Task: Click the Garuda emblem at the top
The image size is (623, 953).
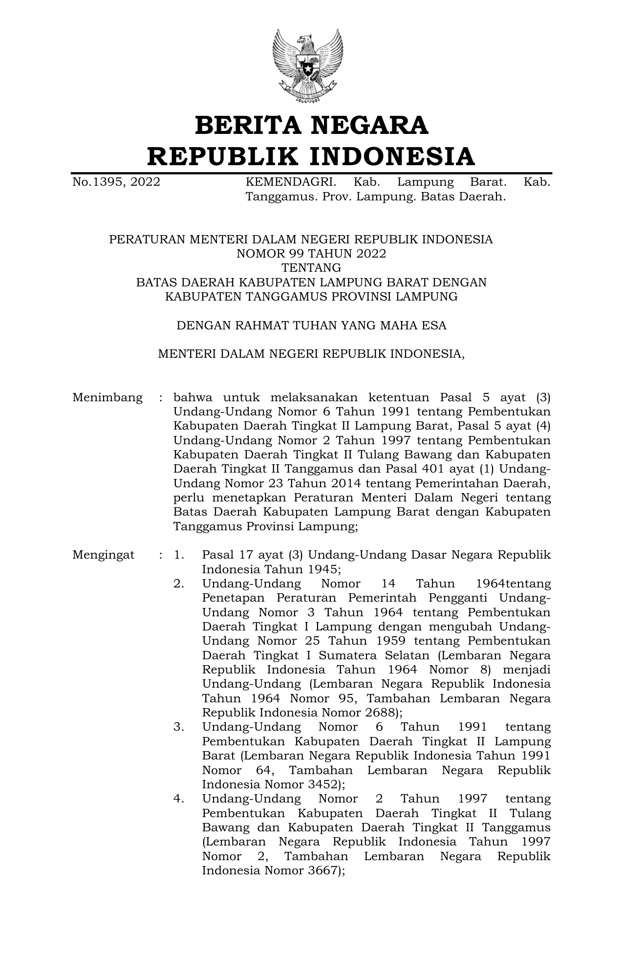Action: coord(308,66)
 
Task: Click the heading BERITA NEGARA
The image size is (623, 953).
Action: coord(311,125)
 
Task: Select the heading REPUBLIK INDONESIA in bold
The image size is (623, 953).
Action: coord(311,156)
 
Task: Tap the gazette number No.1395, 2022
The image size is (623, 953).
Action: coord(116,182)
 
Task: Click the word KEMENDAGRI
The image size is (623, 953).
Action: coord(291,182)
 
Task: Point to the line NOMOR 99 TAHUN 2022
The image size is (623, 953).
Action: coord(311,254)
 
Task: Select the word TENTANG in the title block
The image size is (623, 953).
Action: coord(311,268)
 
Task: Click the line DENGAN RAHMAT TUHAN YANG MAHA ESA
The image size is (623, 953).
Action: coord(311,325)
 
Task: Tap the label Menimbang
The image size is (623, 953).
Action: coord(107,397)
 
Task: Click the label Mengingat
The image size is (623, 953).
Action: coord(104,555)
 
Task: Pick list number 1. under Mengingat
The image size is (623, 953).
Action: coord(179,555)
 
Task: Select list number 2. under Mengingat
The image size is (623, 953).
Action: coord(179,584)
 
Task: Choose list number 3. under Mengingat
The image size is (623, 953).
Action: coord(179,727)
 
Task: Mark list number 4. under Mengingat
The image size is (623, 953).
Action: coord(179,799)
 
